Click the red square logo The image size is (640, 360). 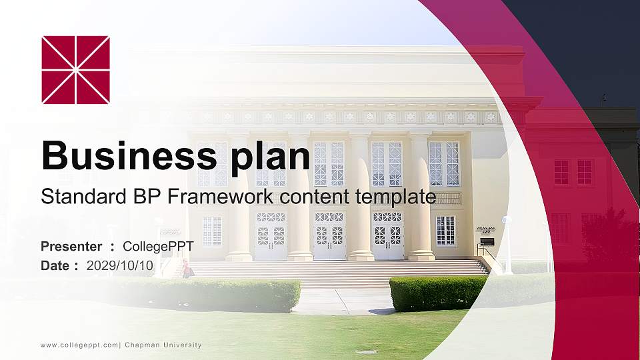(x=75, y=70)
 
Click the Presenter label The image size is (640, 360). (x=71, y=247)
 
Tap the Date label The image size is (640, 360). (x=55, y=265)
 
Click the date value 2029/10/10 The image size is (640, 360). (x=120, y=265)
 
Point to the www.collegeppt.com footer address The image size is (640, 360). (x=80, y=345)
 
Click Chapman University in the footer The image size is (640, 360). (x=163, y=345)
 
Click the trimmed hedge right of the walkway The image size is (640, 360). (x=438, y=293)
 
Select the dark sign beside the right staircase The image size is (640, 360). (x=487, y=241)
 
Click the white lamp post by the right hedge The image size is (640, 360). (x=507, y=244)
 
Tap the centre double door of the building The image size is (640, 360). (x=329, y=236)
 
